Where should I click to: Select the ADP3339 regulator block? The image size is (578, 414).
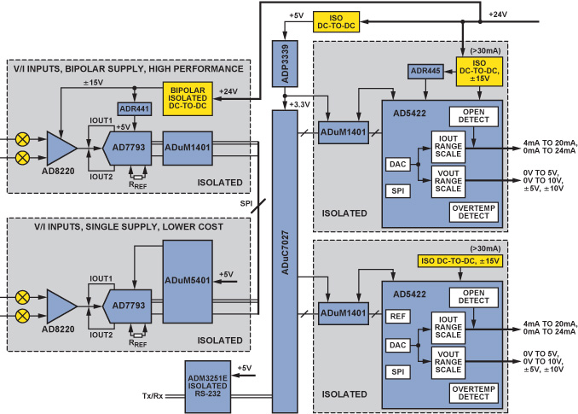pyautogui.click(x=283, y=62)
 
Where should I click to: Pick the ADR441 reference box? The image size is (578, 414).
pyautogui.click(x=135, y=108)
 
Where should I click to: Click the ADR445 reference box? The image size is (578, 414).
pyautogui.click(x=424, y=72)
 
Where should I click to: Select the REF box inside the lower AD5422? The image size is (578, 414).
pyautogui.click(x=396, y=316)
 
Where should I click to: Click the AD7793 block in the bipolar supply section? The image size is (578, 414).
pyautogui.click(x=127, y=148)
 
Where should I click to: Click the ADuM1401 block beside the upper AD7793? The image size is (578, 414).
pyautogui.click(x=188, y=148)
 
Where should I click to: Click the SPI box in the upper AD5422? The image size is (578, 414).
pyautogui.click(x=396, y=191)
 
